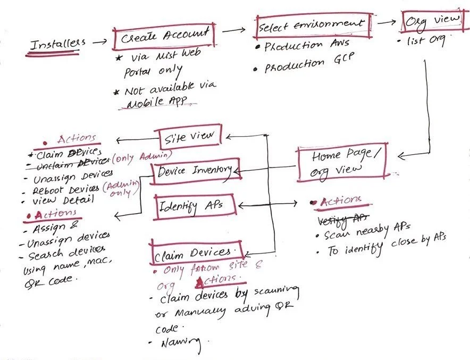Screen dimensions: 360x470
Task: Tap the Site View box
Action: click(x=188, y=138)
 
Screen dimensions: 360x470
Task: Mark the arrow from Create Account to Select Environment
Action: click(x=237, y=31)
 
